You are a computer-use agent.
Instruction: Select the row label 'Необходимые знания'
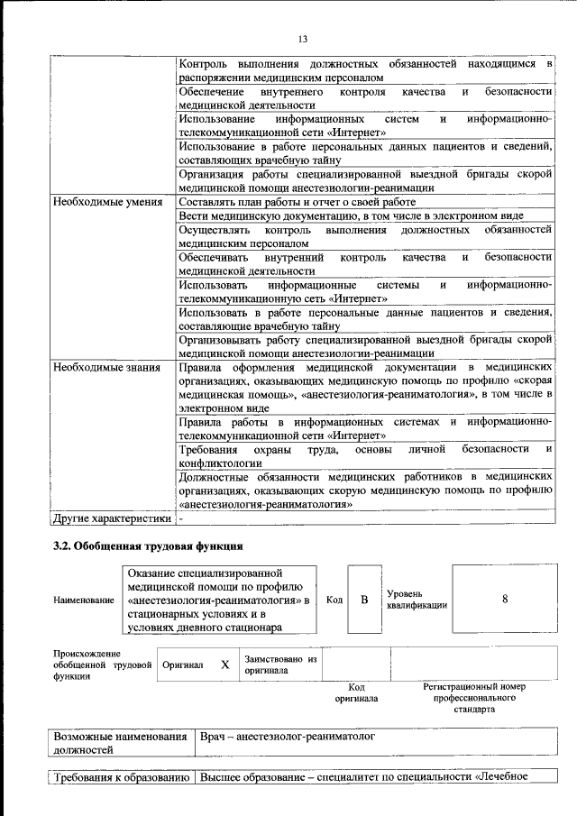(x=105, y=367)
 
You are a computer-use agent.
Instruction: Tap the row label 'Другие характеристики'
(x=111, y=518)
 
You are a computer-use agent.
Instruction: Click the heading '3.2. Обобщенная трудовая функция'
(x=148, y=546)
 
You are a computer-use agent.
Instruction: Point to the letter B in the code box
(x=364, y=599)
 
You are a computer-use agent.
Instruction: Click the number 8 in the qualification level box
(x=505, y=599)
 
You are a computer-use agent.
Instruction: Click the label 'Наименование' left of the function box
(x=83, y=600)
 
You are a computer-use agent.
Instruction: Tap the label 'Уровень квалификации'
(x=416, y=600)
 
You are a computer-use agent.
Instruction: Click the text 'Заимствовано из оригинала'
(x=280, y=665)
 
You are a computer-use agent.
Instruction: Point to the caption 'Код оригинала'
(x=356, y=692)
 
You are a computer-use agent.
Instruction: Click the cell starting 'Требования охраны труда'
(x=364, y=455)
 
